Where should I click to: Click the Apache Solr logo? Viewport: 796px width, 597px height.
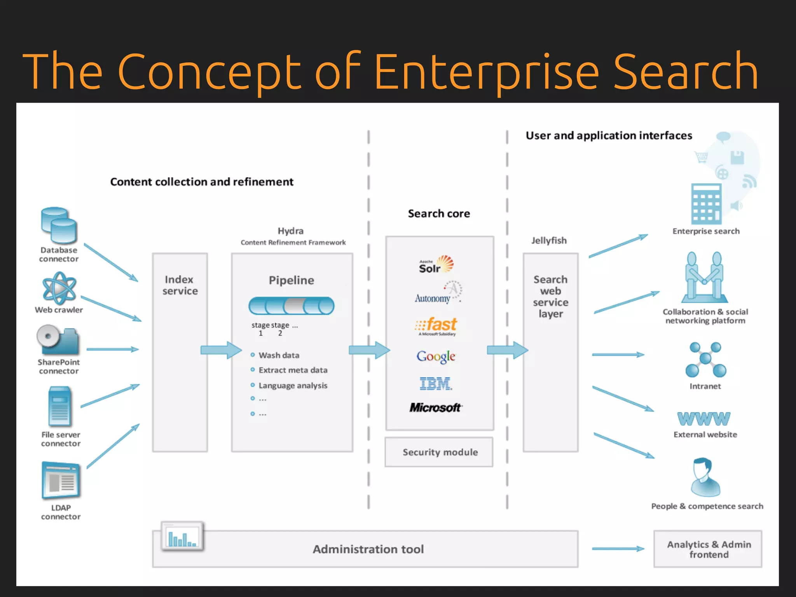tap(436, 265)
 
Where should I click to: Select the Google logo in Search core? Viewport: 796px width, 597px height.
tap(436, 356)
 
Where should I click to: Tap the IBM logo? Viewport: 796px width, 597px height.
tap(436, 384)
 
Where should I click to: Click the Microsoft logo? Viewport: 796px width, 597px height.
tap(435, 407)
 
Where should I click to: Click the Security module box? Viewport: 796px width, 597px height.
tap(439, 452)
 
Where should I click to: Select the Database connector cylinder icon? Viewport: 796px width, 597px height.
tap(59, 225)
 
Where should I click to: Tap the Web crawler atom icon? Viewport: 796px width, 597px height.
tap(59, 288)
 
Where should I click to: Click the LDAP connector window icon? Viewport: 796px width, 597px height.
tap(61, 480)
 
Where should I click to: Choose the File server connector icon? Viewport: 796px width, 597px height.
tap(60, 406)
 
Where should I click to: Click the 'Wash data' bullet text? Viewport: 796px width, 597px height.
tap(279, 355)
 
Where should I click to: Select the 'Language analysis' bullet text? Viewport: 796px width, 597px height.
tap(293, 386)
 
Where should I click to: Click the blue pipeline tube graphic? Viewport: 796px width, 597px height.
tap(291, 305)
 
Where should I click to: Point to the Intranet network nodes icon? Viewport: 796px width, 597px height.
tap(705, 360)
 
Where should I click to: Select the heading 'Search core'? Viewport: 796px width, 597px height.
tap(439, 213)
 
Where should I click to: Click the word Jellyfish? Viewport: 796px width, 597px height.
tap(549, 241)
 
